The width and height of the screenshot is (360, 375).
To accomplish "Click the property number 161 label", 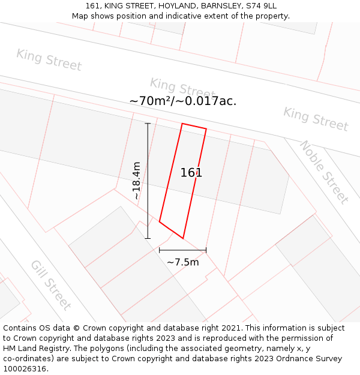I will coord(191,173).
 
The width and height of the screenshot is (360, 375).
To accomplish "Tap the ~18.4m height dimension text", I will coord(136,181).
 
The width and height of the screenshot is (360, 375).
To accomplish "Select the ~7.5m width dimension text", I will coord(182,262).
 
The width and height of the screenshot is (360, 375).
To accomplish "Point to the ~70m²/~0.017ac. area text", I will coord(183,101).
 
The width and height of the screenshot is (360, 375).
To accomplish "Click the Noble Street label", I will coord(324,172).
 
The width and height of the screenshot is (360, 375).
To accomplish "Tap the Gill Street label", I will coord(50,285).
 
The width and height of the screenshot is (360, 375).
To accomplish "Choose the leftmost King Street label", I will coord(49,60).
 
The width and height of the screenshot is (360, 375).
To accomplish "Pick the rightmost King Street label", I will coord(316,119).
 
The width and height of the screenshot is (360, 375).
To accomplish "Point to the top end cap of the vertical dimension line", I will coord(148,124).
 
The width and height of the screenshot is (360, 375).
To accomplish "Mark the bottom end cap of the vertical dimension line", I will coord(148,238).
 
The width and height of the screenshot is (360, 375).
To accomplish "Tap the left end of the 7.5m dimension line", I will coord(160,250).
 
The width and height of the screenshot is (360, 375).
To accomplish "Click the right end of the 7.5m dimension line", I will coord(206,250).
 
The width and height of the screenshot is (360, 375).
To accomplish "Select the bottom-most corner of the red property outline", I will coord(183,238).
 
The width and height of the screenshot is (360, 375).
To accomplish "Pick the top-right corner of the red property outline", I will coord(206,128).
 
